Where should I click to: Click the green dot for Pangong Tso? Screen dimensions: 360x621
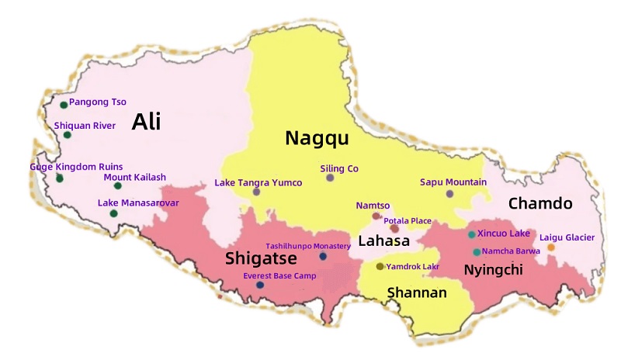tap(64, 105)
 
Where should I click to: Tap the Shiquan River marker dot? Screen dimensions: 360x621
tap(68, 135)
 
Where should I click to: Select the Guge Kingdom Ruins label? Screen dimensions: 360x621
tap(76, 167)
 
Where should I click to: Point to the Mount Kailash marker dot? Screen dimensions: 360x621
tap(118, 185)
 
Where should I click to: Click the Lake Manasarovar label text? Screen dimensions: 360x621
tap(138, 202)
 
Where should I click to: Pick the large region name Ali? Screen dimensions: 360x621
tap(147, 122)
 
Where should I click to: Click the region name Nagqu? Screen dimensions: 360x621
tap(316, 138)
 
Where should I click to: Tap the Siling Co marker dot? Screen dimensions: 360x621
tap(330, 178)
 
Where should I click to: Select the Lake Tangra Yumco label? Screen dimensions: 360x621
tap(258, 183)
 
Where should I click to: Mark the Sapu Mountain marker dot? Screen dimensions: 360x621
tap(449, 193)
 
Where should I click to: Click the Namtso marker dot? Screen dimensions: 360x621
tap(376, 216)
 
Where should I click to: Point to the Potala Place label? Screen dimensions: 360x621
tap(408, 221)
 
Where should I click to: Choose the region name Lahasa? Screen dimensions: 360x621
tap(383, 241)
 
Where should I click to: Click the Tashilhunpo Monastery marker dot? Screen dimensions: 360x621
tap(323, 256)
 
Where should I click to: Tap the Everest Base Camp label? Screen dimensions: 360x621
tap(279, 275)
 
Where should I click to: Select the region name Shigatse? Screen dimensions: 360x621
tap(261, 258)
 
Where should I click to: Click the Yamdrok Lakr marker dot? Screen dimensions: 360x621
tap(380, 266)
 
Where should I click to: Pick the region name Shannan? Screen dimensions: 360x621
tap(417, 292)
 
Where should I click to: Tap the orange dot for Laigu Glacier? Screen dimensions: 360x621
tap(551, 247)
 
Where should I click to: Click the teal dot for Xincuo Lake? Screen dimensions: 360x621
tap(471, 234)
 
